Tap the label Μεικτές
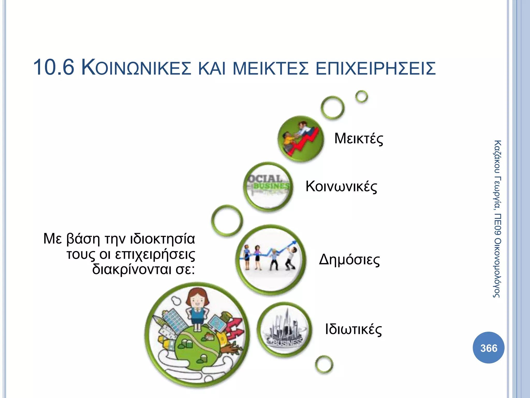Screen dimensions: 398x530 358,139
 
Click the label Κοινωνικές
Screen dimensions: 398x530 341,186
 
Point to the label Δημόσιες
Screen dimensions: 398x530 349,260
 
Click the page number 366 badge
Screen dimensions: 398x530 488,348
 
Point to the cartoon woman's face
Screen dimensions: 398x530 197,301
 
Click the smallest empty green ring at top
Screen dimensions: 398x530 362,97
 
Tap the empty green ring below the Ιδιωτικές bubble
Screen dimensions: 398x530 324,364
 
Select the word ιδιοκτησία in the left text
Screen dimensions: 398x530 162,239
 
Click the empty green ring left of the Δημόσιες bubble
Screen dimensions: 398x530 227,220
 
